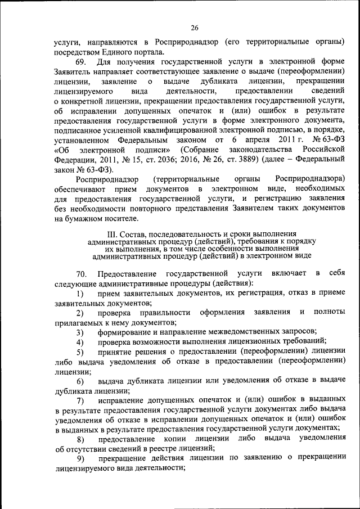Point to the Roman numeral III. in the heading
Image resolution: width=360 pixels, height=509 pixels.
(x=111, y=233)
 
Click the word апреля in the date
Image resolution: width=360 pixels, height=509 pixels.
(x=263, y=138)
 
